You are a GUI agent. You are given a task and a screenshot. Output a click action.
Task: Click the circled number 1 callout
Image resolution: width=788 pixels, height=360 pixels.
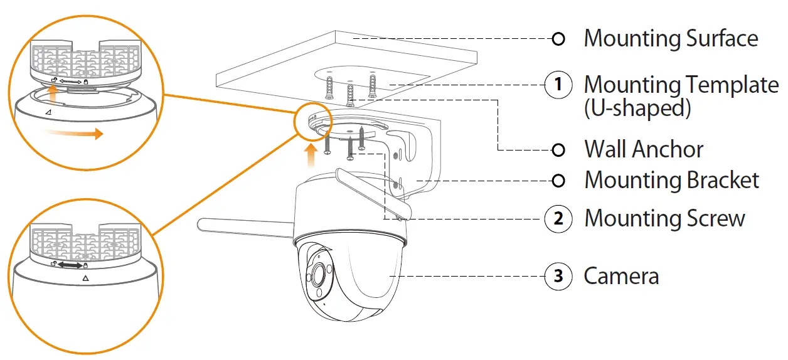(558, 85)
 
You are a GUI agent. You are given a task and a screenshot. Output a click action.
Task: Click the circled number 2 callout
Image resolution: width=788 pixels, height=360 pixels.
(558, 219)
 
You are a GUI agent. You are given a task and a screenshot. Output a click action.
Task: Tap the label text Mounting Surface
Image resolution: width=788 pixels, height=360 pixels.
(671, 39)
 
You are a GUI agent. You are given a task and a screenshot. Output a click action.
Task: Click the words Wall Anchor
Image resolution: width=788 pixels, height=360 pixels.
(644, 150)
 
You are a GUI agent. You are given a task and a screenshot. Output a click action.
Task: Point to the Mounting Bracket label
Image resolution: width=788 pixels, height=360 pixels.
(671, 181)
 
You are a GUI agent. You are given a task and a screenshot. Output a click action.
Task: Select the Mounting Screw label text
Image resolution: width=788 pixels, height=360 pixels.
(664, 219)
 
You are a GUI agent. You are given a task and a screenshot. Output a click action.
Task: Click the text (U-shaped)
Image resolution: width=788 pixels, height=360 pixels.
(637, 109)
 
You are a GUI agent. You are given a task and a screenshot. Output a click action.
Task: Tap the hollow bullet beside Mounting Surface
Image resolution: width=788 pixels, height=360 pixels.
(558, 39)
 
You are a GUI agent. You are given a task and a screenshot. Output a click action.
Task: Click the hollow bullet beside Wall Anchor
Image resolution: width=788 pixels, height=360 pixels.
(558, 150)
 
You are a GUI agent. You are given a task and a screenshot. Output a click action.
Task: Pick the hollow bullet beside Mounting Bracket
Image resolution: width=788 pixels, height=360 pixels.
(558, 181)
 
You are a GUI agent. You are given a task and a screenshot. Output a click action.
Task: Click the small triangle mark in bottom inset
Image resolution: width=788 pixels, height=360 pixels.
(85, 277)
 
